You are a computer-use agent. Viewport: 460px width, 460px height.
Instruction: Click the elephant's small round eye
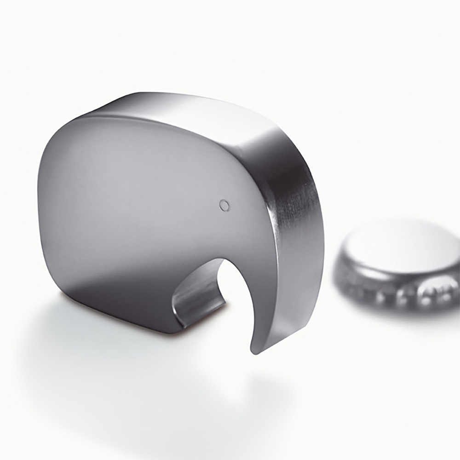click(224, 205)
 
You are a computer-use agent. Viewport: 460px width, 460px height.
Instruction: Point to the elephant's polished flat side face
click(138, 207)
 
